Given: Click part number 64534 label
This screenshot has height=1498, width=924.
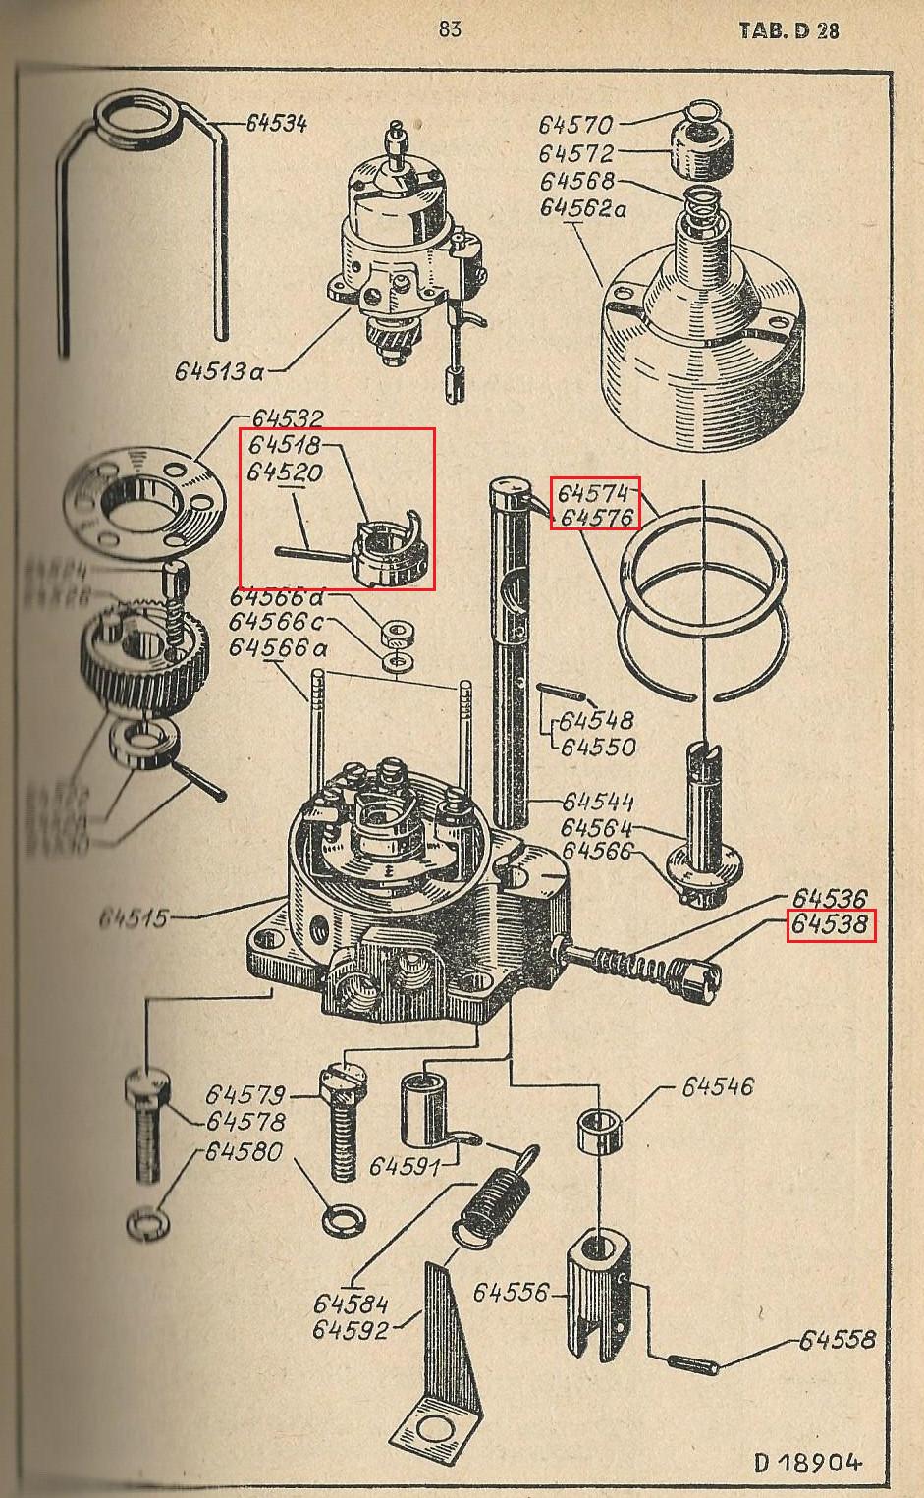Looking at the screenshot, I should [276, 123].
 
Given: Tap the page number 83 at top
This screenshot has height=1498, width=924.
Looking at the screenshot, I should [450, 29].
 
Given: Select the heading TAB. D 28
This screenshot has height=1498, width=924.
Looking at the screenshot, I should [788, 29].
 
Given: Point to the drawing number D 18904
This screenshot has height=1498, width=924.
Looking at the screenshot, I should [809, 1463].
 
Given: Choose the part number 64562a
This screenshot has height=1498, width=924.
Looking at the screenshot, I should [583, 208].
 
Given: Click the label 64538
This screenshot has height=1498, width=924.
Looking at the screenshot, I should [830, 925].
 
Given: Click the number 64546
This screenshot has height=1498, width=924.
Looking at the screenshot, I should [718, 1086].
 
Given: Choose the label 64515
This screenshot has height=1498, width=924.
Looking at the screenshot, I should [134, 919].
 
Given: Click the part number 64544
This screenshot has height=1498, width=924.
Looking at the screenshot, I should [599, 802].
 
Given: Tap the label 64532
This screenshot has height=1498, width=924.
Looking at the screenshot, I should [288, 418].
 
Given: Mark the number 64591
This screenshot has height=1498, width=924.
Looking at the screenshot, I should [406, 1166].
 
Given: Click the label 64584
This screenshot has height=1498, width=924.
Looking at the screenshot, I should [351, 1304].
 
